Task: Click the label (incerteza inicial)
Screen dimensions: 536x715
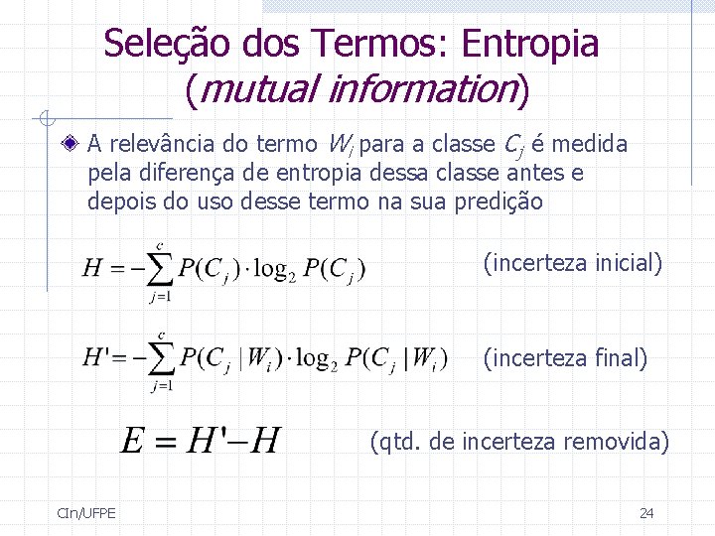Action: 572,263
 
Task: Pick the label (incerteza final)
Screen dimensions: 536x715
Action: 565,357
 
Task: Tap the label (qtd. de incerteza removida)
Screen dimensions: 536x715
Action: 519,441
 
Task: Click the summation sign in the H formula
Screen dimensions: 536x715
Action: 160,269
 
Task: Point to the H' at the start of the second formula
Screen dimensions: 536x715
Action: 97,358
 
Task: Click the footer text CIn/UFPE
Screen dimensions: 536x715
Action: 86,512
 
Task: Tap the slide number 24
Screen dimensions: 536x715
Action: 646,512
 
